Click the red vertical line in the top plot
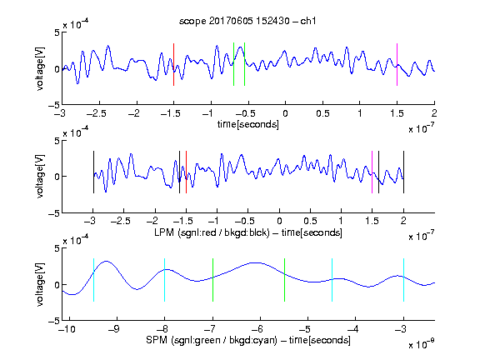click(173, 65)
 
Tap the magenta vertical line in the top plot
click(397, 65)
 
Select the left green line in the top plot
click(233, 64)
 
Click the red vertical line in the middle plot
click(186, 172)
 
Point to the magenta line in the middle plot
click(372, 172)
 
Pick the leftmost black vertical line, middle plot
click(93, 172)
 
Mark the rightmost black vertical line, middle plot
click(403, 172)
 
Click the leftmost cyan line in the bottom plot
click(93, 280)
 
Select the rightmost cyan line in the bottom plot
click(403, 280)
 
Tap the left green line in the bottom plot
click(212, 280)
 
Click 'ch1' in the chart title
click(308, 21)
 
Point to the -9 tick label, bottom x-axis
click(113, 329)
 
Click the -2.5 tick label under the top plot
click(96, 113)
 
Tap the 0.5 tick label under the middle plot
click(310, 221)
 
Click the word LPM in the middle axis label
click(164, 232)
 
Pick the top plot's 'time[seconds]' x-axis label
click(248, 124)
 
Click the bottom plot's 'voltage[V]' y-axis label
click(40, 284)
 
